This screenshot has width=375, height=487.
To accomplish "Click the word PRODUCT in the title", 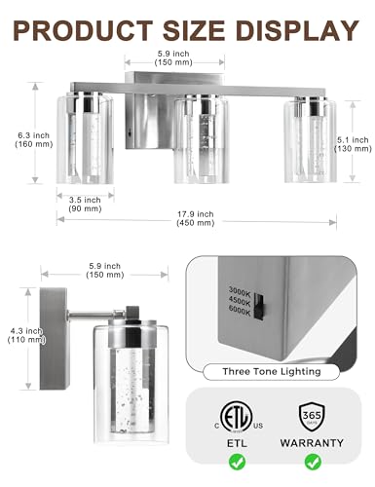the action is [83, 30].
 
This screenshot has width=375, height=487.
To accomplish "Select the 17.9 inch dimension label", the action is [196, 218].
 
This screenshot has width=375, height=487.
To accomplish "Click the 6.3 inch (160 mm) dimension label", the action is [34, 139].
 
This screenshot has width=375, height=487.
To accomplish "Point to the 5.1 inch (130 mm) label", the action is [353, 144].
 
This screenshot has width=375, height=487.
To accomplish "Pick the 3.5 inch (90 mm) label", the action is [85, 205].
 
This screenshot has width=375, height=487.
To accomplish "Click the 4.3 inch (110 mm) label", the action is [26, 335].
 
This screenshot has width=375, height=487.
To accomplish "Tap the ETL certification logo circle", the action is [236, 417].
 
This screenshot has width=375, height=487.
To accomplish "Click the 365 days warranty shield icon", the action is [312, 417].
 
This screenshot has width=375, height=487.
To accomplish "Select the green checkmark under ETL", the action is [237, 462].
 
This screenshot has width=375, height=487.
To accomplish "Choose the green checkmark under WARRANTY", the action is [313, 462].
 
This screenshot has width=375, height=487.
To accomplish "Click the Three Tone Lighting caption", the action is [272, 371].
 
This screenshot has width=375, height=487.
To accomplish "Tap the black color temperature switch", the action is [259, 307].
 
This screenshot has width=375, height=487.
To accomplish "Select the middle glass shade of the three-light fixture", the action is [201, 139].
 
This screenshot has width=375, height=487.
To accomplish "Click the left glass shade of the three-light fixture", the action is [85, 138].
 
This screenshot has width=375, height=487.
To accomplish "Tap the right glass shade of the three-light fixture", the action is [310, 140].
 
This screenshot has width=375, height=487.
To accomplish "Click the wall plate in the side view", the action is [54, 339].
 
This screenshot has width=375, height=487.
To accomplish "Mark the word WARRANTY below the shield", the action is [312, 443].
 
